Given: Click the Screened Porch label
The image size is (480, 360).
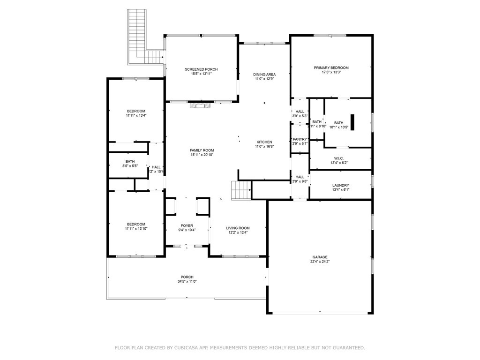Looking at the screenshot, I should [x=201, y=69].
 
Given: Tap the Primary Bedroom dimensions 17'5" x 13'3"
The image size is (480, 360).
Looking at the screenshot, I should [x=331, y=72].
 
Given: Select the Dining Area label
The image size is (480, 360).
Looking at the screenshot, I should [x=264, y=75].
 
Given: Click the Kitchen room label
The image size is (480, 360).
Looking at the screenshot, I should [x=264, y=142].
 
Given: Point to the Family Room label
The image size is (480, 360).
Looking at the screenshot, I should [x=201, y=150].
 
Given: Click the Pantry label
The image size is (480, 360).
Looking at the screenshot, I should [x=300, y=139].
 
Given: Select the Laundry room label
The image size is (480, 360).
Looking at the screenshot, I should [x=341, y=186].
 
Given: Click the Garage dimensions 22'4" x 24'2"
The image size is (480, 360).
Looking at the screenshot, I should [x=321, y=262].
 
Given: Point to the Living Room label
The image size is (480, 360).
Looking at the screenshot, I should [x=238, y=228].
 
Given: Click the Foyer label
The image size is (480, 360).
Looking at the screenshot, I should [x=186, y=225].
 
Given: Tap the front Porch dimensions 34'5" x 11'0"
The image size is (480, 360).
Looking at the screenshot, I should [x=187, y=282].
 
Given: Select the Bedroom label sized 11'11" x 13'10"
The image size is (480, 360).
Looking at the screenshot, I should [x=136, y=224].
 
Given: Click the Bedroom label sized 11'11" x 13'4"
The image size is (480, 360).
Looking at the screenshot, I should [x=136, y=111].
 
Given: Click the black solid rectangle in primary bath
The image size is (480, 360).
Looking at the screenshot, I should [x=353, y=122].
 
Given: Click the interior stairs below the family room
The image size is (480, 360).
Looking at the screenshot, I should [x=240, y=190].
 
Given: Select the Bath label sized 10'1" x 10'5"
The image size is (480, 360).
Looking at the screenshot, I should [x=338, y=123].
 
